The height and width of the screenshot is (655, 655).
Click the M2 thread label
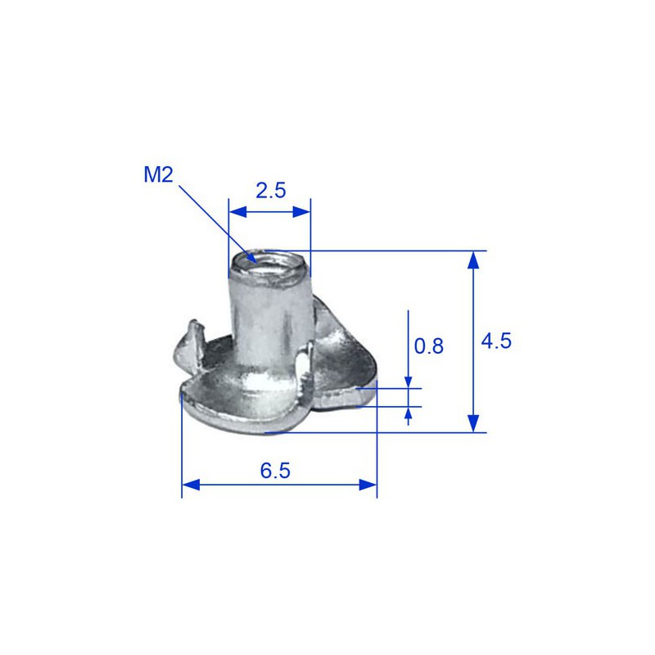(160, 174)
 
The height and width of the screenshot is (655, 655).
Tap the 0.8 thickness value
(428, 346)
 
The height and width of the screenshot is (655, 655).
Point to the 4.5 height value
(495, 341)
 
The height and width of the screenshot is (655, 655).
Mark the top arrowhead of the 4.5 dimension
(472, 260)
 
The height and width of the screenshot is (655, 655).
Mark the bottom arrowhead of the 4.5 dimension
(472, 423)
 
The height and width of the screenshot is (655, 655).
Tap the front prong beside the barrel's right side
(305, 360)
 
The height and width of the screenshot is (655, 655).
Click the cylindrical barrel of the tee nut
(268, 323)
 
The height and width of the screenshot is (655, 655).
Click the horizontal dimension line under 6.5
(278, 485)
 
